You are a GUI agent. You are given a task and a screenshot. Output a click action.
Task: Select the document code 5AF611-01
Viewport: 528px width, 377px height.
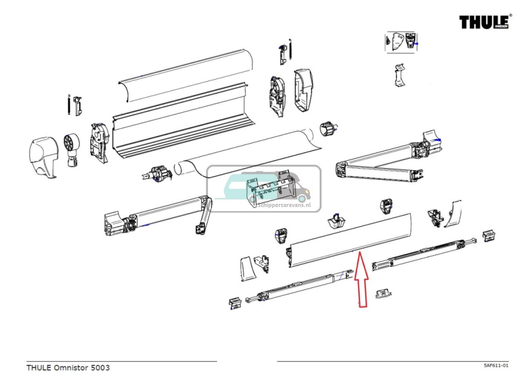click(496, 365)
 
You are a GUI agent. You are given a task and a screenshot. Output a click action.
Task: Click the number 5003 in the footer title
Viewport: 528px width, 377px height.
click(100, 368)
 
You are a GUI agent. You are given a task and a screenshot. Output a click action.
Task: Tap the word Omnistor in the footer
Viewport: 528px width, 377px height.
click(71, 368)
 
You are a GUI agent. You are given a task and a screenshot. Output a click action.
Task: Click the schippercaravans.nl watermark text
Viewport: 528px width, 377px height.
click(283, 204)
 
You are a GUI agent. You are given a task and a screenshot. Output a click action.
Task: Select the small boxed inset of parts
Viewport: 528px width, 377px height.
click(402, 42)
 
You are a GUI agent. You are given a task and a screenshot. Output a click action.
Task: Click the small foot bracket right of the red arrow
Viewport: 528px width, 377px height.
click(383, 293)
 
